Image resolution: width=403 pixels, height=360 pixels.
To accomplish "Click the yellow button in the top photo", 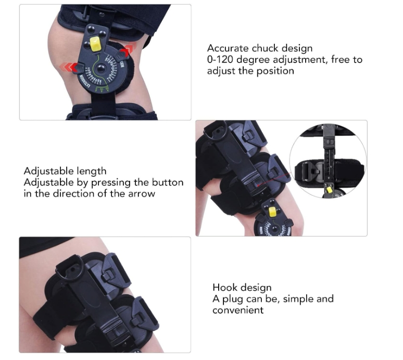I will (x=95, y=44).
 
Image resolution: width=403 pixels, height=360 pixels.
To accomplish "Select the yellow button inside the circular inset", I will (x=329, y=190).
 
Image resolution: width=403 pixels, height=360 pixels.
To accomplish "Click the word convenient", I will (x=238, y=311).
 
